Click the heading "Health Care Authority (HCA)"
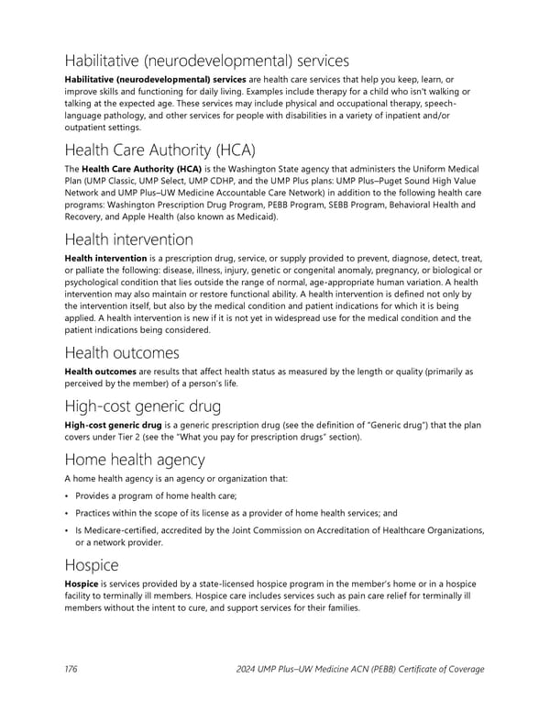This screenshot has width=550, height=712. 159,150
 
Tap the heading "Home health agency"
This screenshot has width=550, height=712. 134,460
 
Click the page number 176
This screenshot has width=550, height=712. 71,669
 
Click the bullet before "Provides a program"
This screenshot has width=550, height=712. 67,496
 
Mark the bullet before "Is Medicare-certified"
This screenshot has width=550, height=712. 67,529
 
